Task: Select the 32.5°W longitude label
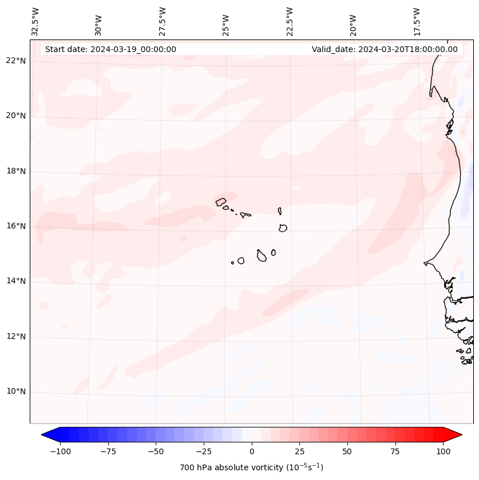(x=35, y=22)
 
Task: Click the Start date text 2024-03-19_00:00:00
(x=110, y=49)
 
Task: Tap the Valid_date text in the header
(x=385, y=49)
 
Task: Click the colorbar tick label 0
(x=252, y=451)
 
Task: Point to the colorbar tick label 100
(x=442, y=451)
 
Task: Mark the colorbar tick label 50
(x=347, y=451)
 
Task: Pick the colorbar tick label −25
(x=204, y=451)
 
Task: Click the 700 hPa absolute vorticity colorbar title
(x=251, y=467)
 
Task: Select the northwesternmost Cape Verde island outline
(x=221, y=202)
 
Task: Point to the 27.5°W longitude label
(x=163, y=22)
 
